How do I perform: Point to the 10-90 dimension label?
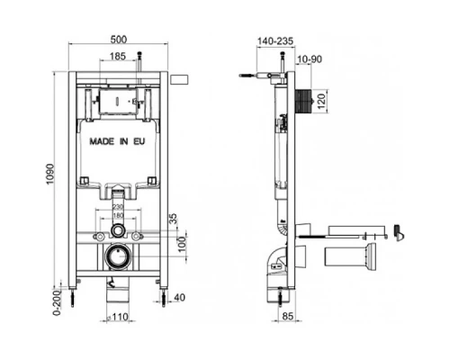click(x=309, y=59)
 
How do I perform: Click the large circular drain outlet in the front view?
click(x=118, y=258)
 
